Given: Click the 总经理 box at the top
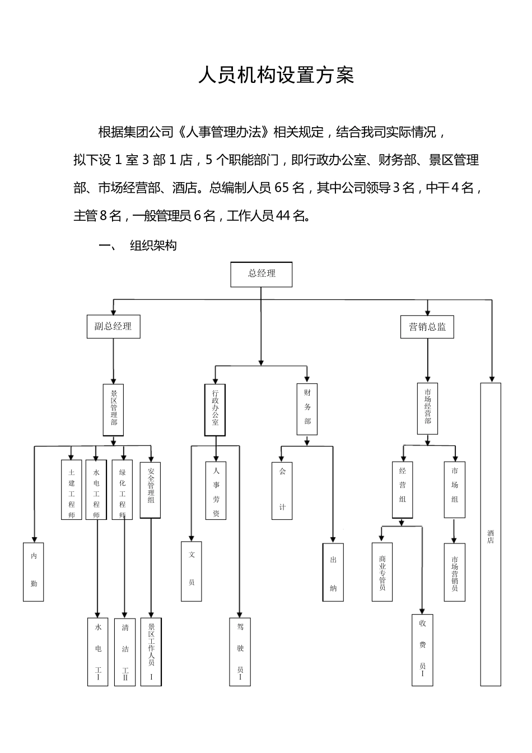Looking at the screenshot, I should [x=262, y=274].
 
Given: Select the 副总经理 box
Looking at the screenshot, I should [x=113, y=326].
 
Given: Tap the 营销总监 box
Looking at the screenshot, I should [x=427, y=326].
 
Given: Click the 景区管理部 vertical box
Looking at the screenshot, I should [x=113, y=410].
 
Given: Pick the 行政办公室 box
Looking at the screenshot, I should [x=215, y=410].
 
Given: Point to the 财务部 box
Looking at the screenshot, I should [x=307, y=409].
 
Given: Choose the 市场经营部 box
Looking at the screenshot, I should [x=428, y=409].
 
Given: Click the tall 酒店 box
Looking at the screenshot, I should [x=491, y=534].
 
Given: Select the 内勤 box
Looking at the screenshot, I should [x=34, y=571].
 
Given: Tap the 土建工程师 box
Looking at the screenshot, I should [x=71, y=490].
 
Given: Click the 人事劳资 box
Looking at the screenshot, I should [x=216, y=490].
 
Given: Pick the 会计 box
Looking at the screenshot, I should [x=282, y=490].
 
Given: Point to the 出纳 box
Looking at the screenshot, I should [x=333, y=572].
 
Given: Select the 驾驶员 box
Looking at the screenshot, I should [x=240, y=652].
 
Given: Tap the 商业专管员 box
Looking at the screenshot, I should [x=382, y=572].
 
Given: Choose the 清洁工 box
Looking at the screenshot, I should [x=125, y=652].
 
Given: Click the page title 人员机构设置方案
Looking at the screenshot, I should [x=276, y=75].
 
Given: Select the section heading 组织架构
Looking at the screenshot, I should [x=153, y=245].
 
